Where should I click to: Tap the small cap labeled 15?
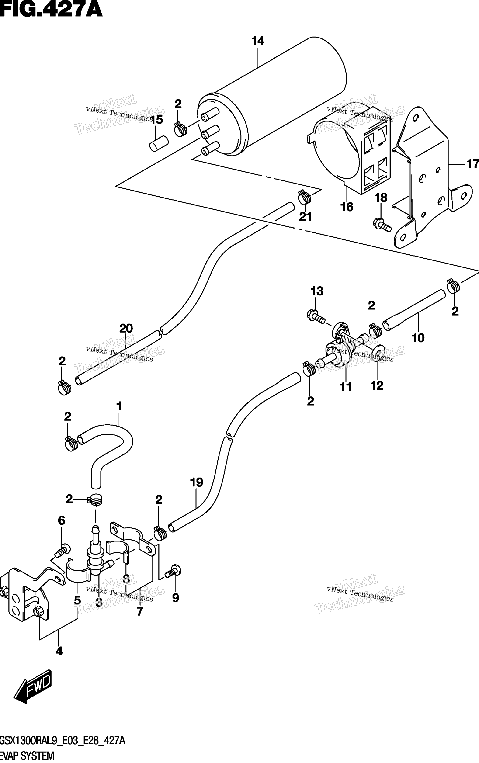pyautogui.click(x=158, y=143)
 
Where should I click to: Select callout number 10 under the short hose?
pyautogui.click(x=418, y=338)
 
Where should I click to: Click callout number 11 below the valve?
pyautogui.click(x=346, y=387)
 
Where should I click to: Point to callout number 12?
pyautogui.click(x=377, y=385)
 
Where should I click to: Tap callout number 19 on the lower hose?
pyautogui.click(x=196, y=482)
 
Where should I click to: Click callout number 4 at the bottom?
pyautogui.click(x=59, y=651)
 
